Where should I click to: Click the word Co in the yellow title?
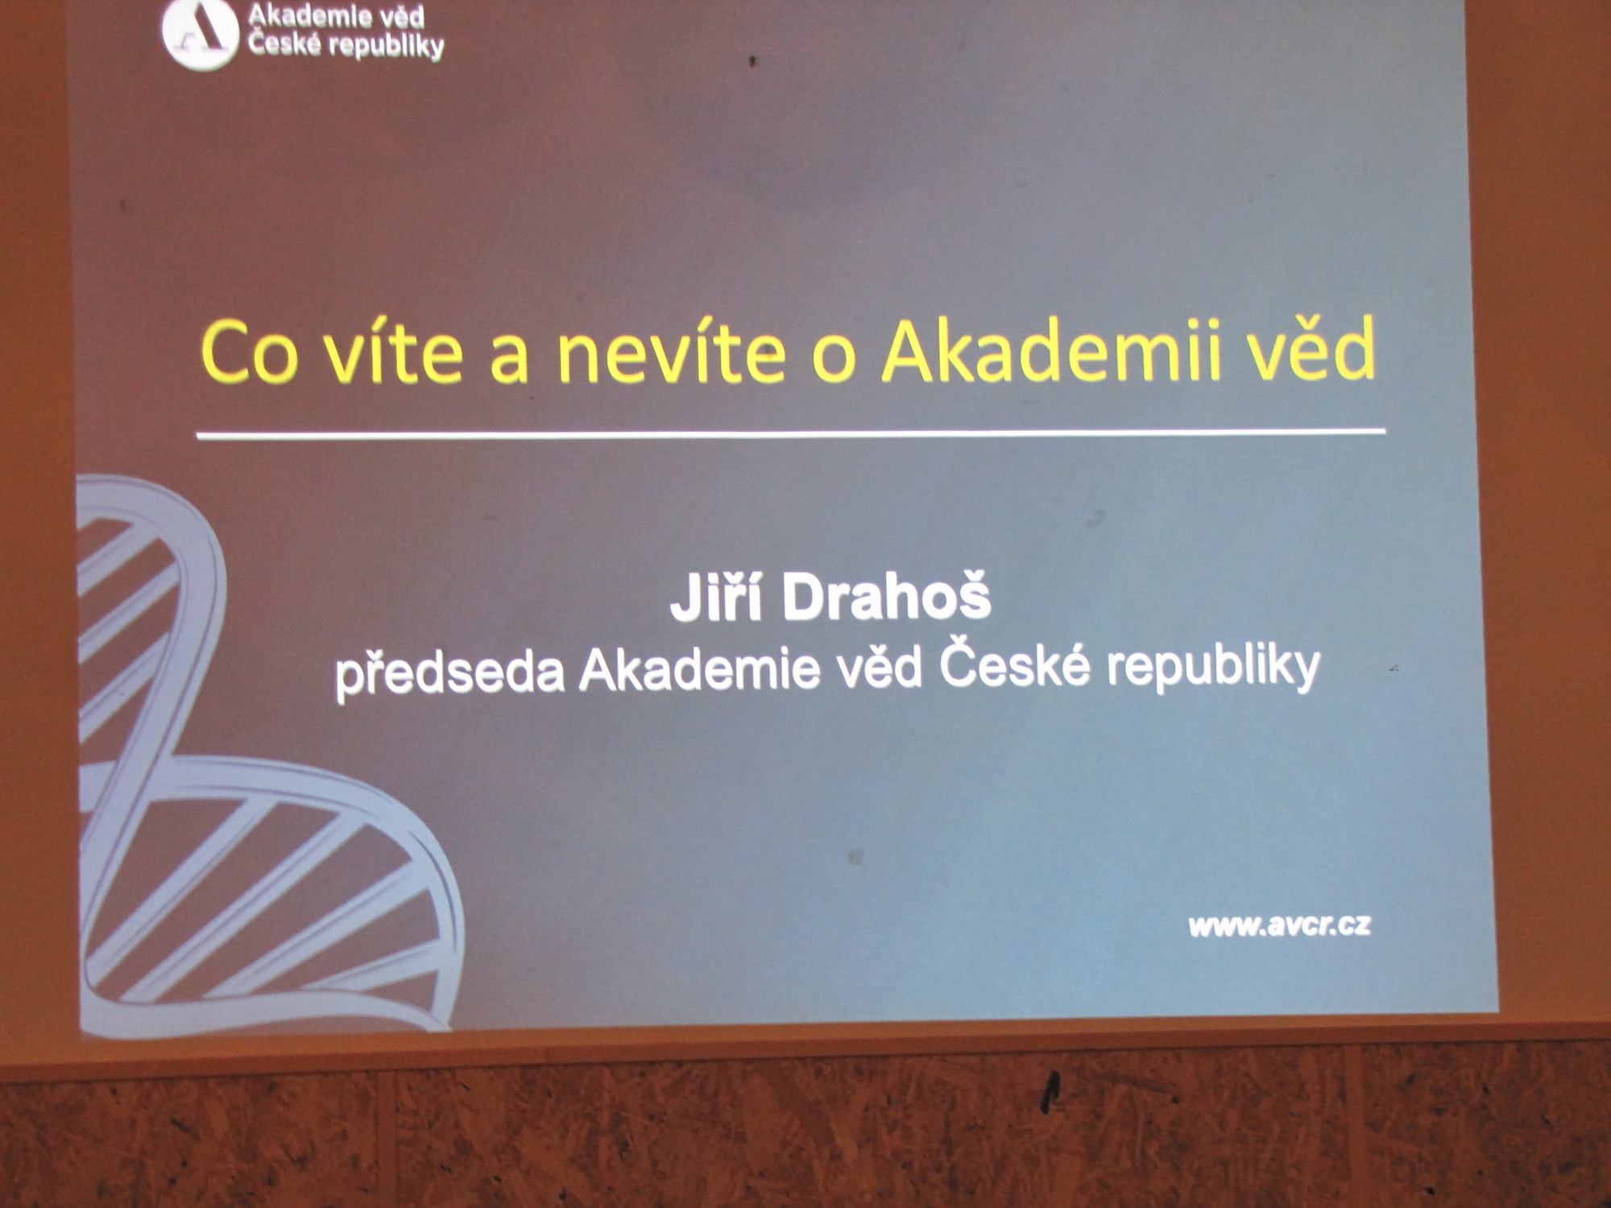click(x=250, y=352)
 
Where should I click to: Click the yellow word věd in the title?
click(x=1312, y=348)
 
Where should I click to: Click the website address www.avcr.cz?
click(x=1280, y=925)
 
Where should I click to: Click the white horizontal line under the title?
click(x=791, y=433)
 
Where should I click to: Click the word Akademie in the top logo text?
click(x=300, y=15)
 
